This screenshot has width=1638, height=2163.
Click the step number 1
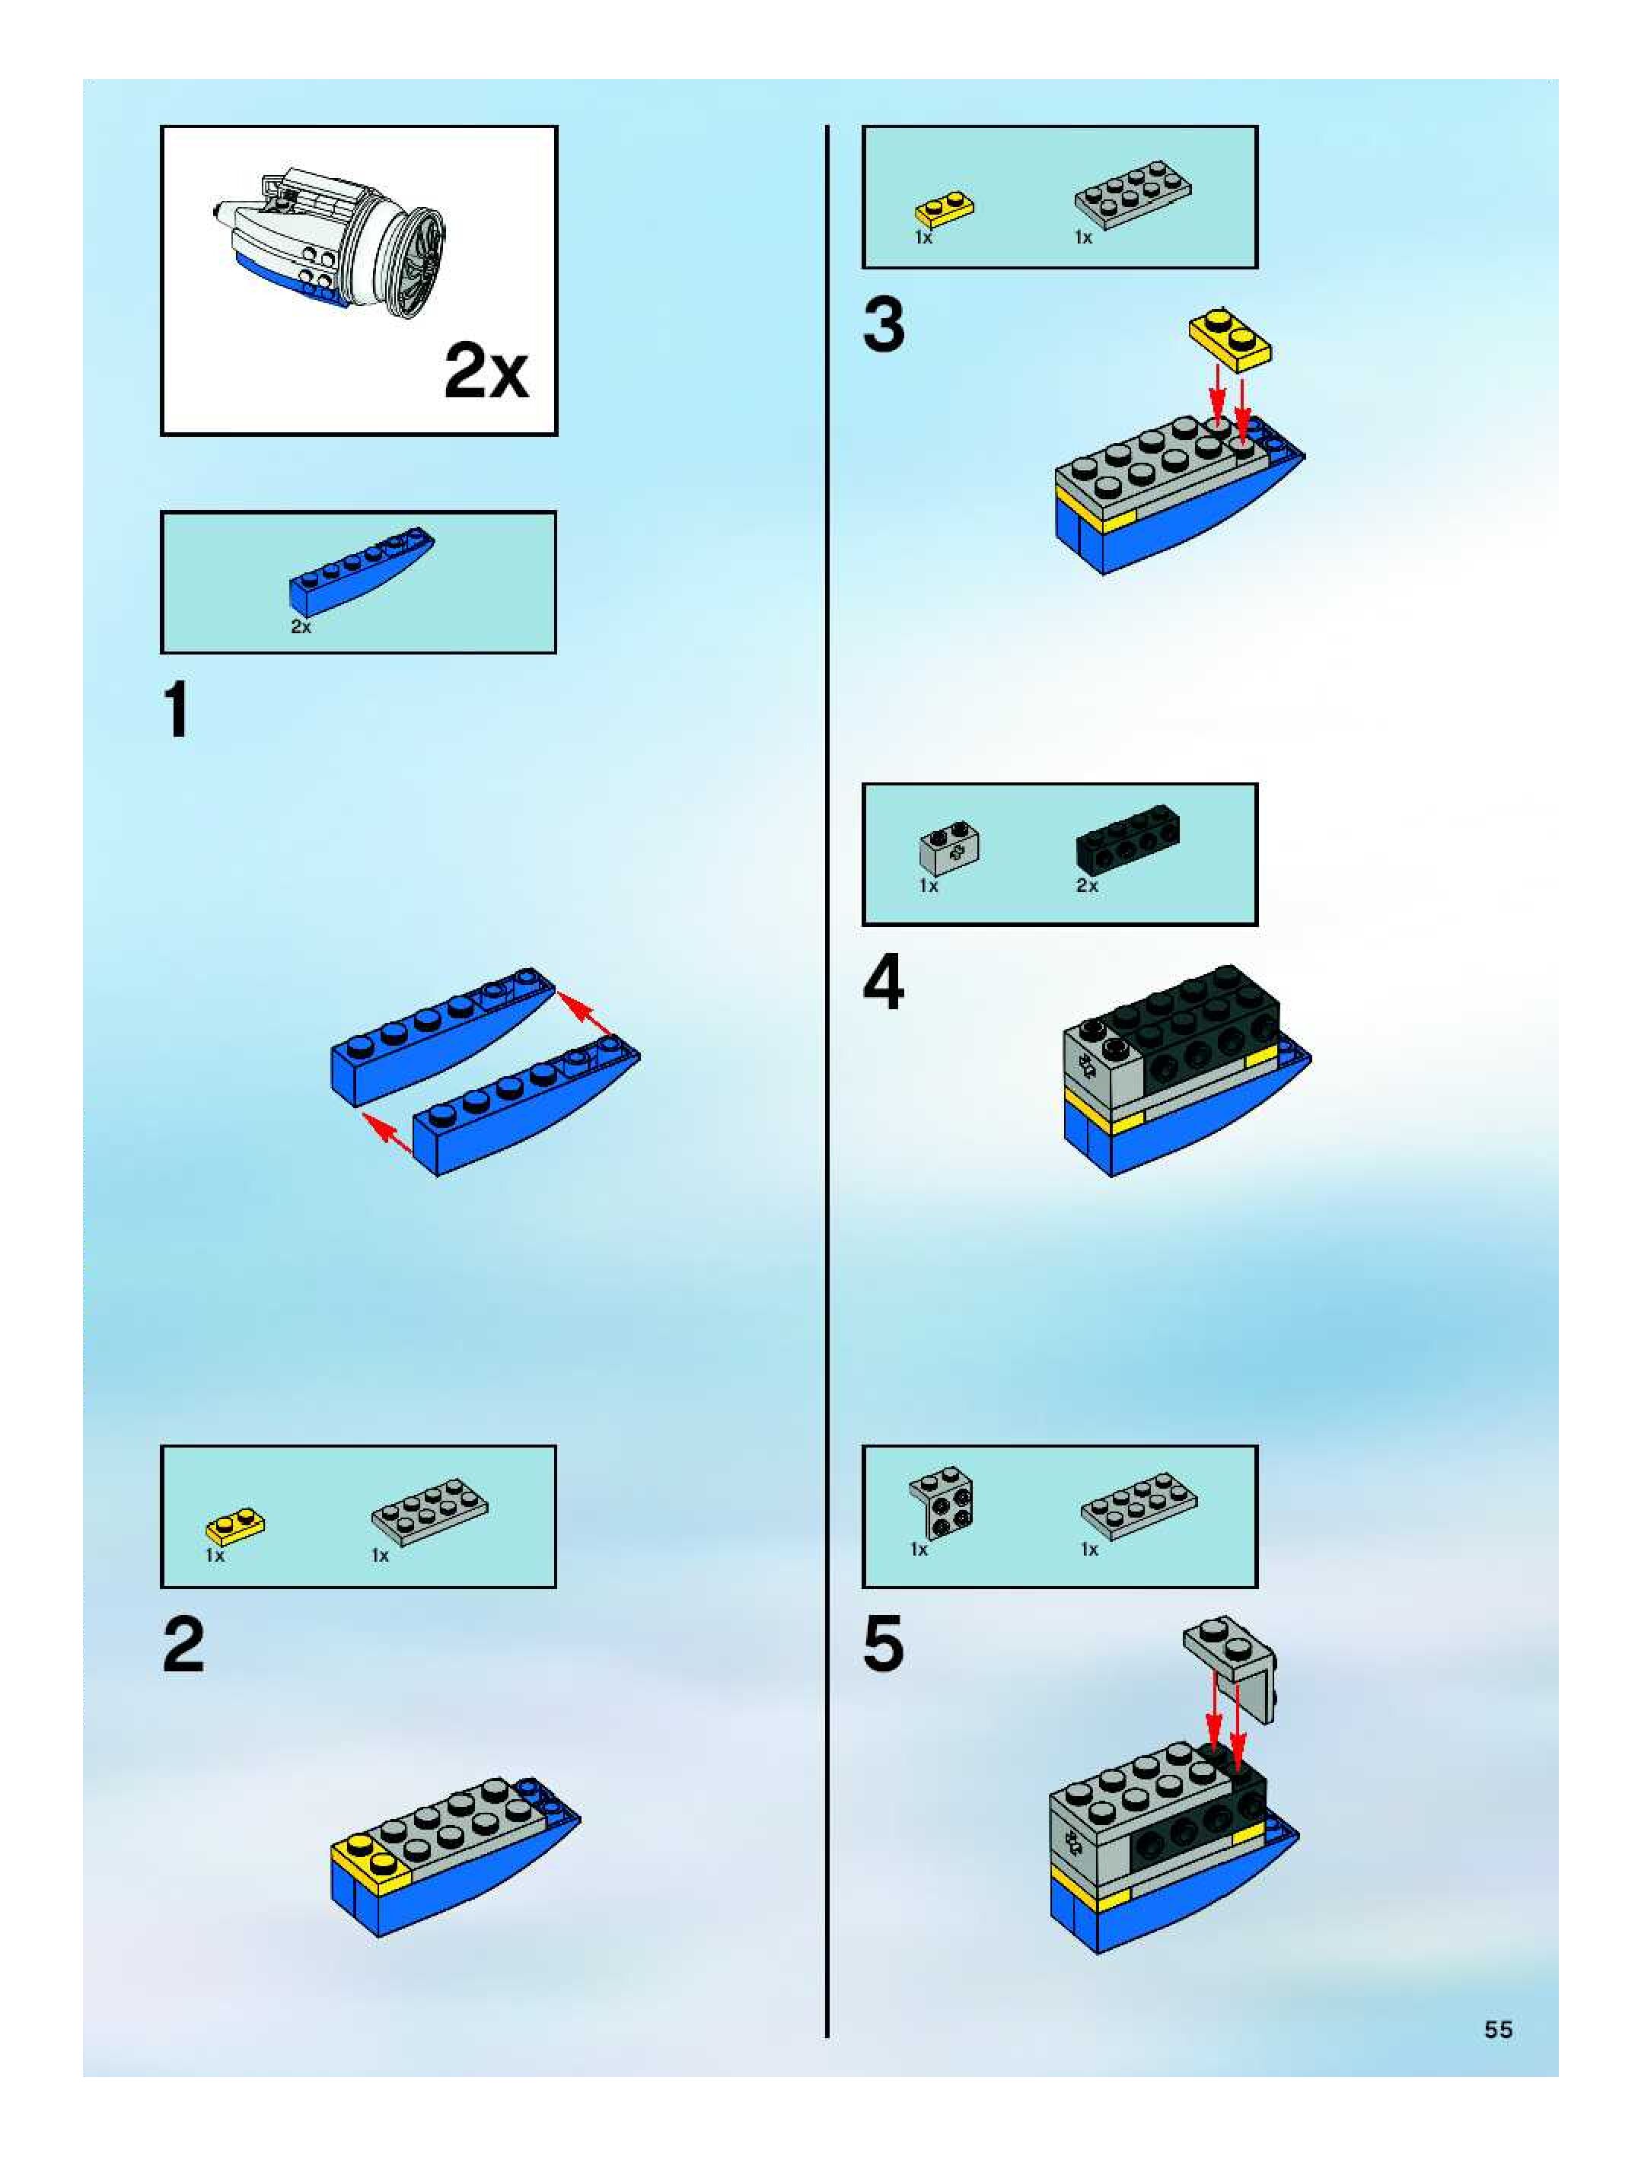point(176,711)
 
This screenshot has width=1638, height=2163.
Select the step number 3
point(883,325)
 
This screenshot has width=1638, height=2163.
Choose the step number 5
point(883,1645)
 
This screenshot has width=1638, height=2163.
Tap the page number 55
point(1498,2029)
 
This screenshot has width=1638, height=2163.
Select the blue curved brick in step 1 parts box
point(360,570)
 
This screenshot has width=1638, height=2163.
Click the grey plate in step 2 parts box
point(429,1511)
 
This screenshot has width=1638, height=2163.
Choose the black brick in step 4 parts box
point(1127,839)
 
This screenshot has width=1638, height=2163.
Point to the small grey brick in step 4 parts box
point(948,848)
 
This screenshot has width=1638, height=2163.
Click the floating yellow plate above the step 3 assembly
point(1230,339)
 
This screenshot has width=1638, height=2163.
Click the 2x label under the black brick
point(1086,886)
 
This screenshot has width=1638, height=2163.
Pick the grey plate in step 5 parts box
point(1137,1505)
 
